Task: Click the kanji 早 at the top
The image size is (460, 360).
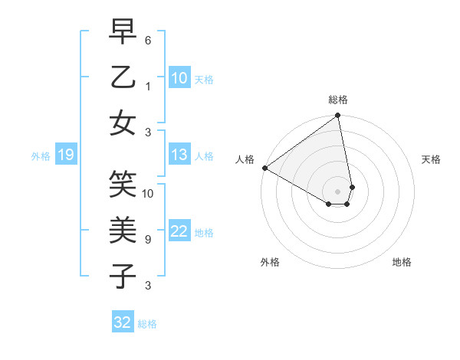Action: [123, 31]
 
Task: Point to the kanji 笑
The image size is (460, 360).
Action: [123, 185]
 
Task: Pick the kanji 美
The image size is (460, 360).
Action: [123, 230]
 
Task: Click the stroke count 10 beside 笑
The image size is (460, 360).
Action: [148, 194]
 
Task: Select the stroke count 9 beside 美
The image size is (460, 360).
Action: [148, 239]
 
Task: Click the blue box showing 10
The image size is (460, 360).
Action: [179, 78]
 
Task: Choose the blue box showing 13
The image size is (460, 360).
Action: [179, 155]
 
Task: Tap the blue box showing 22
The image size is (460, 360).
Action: [179, 232]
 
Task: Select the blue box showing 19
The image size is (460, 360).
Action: [65, 155]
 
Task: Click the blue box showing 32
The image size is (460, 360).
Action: [123, 322]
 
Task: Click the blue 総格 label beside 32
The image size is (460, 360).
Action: [147, 324]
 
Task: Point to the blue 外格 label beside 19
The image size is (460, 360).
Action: [41, 156]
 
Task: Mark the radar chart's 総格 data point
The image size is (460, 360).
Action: [337, 116]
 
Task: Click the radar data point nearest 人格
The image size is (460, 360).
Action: [264, 168]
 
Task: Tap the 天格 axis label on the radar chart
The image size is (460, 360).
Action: [432, 159]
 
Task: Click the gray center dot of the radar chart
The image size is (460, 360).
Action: [337, 191]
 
